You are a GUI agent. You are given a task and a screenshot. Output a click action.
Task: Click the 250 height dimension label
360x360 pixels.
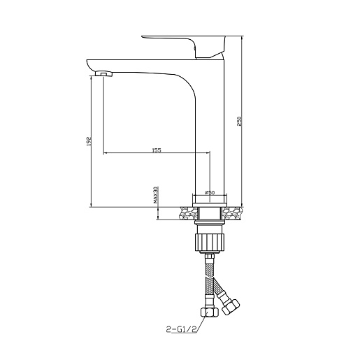(x=240, y=121)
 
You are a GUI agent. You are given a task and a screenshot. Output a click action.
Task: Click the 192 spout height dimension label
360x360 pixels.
(x=89, y=141)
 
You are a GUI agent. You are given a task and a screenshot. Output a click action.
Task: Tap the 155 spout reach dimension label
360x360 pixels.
(x=157, y=150)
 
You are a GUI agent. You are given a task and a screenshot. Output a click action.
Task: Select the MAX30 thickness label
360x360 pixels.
(x=156, y=194)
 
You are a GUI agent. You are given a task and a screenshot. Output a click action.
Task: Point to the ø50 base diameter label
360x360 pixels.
(x=210, y=192)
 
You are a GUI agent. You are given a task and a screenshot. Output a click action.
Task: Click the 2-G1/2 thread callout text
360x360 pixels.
(x=182, y=329)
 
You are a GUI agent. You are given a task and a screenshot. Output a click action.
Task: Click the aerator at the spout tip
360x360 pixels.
(x=104, y=73)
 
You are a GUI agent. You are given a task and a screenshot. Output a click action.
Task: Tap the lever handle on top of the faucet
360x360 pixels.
(x=183, y=46)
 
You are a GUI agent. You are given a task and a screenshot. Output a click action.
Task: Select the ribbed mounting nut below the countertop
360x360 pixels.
(x=210, y=243)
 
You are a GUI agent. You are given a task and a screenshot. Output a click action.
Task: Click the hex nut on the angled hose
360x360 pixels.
(x=231, y=306)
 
